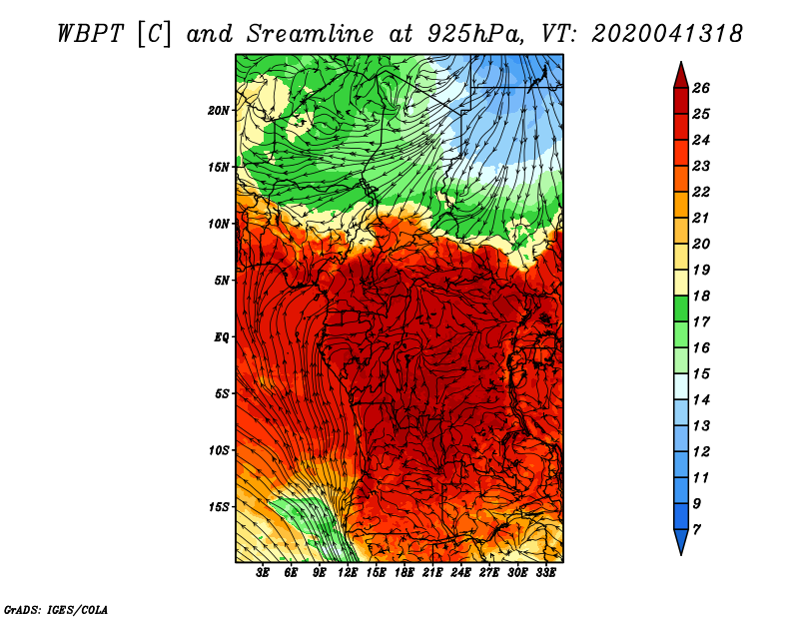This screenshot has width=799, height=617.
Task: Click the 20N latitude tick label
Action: click(218, 111)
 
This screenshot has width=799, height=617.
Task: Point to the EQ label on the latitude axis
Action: click(221, 337)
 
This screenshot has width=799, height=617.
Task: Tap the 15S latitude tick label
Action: click(218, 507)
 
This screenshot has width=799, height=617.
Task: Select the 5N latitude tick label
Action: click(222, 281)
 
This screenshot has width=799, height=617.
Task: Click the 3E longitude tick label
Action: click(263, 572)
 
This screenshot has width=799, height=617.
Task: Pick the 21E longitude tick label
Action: click(432, 572)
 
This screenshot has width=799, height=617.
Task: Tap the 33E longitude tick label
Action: click(545, 572)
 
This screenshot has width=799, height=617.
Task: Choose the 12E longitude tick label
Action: click(348, 572)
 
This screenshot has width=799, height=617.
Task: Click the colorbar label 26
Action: click(701, 88)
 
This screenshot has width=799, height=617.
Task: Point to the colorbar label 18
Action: click(701, 296)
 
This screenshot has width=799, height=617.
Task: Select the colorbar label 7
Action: click(696, 530)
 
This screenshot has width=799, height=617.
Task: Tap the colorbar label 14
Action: click(701, 400)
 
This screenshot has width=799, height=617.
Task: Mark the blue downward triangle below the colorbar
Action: click(681, 540)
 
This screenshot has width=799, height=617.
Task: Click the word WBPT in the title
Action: click(90, 34)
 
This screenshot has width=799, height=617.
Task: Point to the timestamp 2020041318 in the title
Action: click(667, 34)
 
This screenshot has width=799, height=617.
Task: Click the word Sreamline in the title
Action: click(311, 34)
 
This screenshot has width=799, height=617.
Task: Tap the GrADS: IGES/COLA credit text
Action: click(56, 609)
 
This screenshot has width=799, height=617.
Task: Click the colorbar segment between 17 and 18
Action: click(681, 308)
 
